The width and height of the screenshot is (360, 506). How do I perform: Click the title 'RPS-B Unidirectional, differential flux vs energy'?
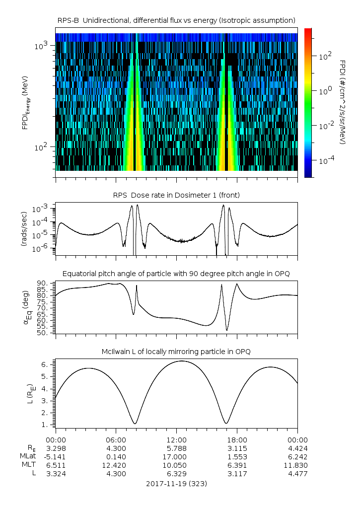[176, 20]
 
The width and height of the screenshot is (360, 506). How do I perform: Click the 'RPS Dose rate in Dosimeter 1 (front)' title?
[176, 195]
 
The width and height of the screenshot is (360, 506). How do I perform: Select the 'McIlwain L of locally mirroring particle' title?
[176, 352]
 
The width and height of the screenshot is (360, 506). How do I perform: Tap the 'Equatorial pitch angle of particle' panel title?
[176, 274]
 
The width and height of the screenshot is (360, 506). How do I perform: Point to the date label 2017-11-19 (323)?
[176, 483]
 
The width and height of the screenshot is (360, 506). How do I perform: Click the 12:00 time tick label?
[176, 439]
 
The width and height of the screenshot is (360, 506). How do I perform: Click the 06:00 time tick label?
[116, 439]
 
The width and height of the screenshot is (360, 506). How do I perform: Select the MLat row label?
[27, 456]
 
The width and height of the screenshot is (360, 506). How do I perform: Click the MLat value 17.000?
[176, 456]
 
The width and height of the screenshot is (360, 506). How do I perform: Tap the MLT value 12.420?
[116, 465]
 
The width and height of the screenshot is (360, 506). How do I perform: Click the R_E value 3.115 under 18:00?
[237, 448]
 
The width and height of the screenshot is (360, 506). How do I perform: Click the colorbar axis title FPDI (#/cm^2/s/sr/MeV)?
[343, 102]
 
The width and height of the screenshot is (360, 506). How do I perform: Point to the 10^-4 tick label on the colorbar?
[325, 161]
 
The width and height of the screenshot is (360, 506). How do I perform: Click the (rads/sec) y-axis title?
[24, 229]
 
